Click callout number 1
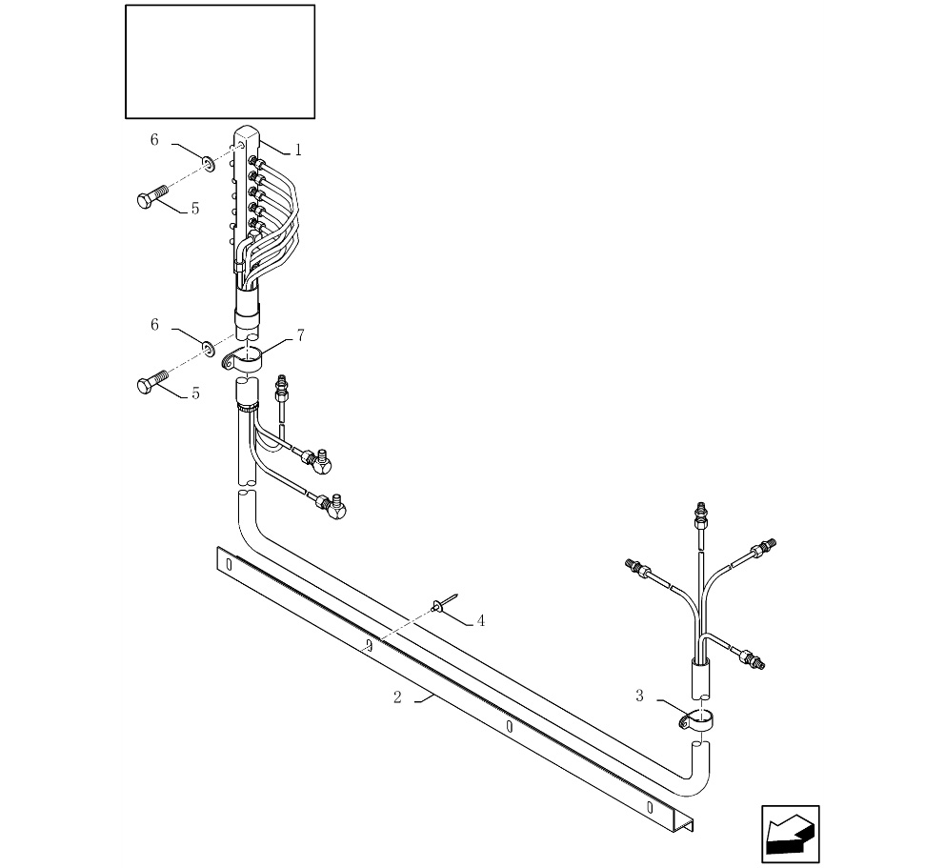click(x=297, y=150)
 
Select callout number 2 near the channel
click(x=397, y=697)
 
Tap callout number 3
click(x=639, y=696)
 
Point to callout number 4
click(x=481, y=621)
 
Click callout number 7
click(x=300, y=335)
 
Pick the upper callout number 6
click(x=154, y=140)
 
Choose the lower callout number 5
click(x=195, y=393)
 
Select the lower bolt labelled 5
click(x=152, y=384)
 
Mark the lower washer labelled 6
click(x=208, y=343)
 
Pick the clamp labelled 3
click(x=699, y=721)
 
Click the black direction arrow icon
click(x=790, y=835)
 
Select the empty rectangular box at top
click(x=220, y=62)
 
